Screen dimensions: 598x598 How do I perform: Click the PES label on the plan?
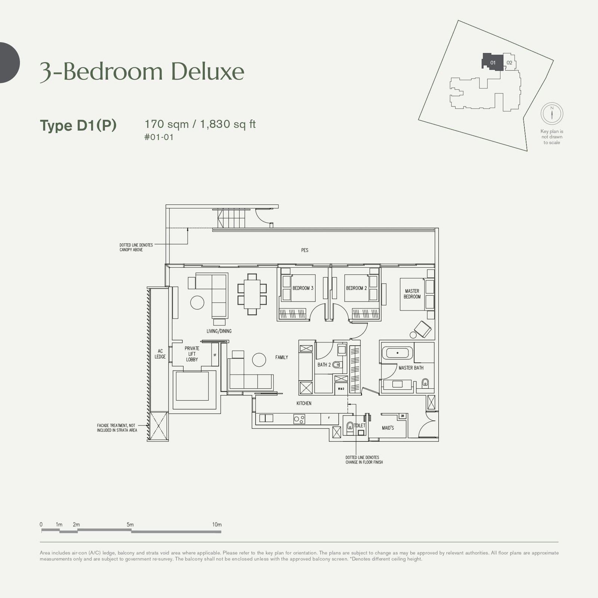click(x=305, y=250)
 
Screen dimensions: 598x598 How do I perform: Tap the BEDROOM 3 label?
click(x=303, y=288)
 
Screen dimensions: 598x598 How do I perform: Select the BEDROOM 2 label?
click(x=356, y=288)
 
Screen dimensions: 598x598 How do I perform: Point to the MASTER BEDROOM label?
click(x=412, y=294)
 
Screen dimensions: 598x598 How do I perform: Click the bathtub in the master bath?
click(x=397, y=352)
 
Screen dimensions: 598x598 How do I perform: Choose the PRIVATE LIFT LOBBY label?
click(x=192, y=354)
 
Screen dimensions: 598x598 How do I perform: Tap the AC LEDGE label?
click(x=160, y=354)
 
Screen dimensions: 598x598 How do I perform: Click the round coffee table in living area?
click(x=197, y=302)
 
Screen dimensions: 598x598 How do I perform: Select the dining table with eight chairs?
click(x=252, y=294)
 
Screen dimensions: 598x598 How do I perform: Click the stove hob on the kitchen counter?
click(x=299, y=419)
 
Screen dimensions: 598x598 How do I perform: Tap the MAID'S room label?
click(x=388, y=428)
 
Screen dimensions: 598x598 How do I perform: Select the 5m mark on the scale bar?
click(x=130, y=525)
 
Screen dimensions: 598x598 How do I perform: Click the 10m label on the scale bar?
click(x=217, y=525)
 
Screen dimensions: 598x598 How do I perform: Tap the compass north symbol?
click(x=552, y=113)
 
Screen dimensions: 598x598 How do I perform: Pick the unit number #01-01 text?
click(x=159, y=137)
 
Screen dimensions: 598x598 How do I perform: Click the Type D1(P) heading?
click(x=78, y=125)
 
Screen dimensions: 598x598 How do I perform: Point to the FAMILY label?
click(x=281, y=357)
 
